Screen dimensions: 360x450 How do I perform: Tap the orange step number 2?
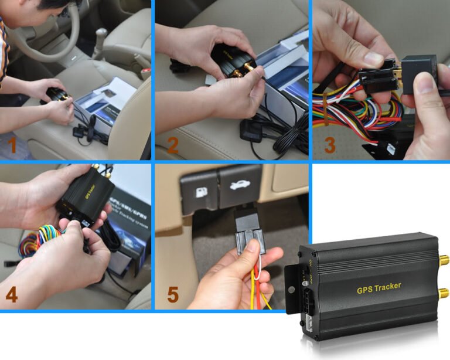172,144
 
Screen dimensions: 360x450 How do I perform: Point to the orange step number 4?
11,294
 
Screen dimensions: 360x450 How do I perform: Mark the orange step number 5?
172,294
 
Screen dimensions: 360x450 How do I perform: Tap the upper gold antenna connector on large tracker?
444,258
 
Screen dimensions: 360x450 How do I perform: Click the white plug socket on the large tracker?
309,320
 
